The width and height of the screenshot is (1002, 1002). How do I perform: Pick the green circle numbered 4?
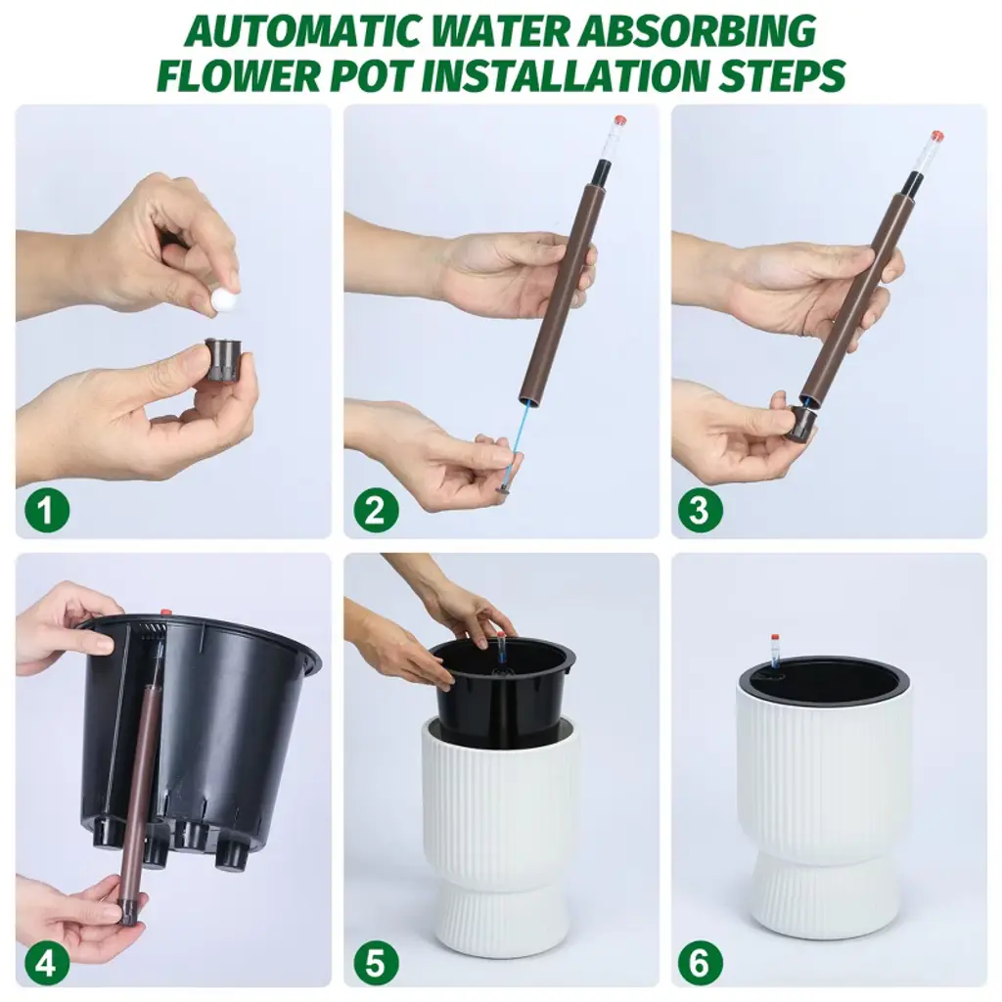(47, 963)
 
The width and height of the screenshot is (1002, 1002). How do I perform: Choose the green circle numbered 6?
(701, 963)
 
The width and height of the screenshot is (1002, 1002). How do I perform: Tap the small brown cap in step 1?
(222, 360)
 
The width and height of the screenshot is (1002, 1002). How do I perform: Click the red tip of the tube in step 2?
(618, 120)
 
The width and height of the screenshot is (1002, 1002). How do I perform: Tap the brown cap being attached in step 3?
(801, 423)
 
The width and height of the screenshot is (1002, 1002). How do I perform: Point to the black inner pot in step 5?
(502, 690)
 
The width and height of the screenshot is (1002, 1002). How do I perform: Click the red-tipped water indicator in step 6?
(774, 651)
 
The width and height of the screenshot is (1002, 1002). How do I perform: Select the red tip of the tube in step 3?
(937, 135)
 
